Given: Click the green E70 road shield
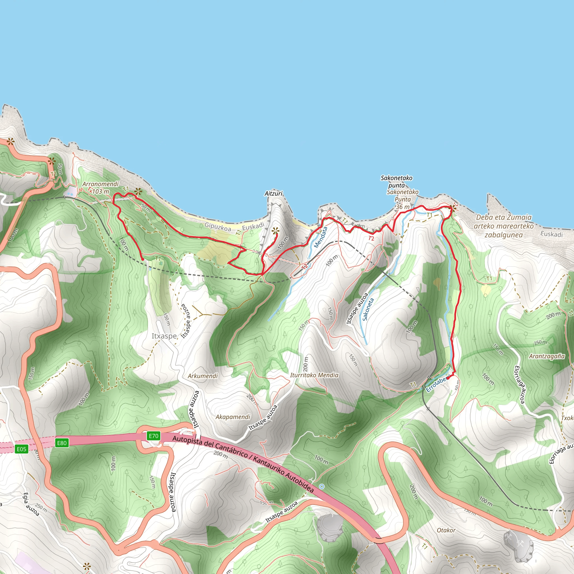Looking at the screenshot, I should point(153,436).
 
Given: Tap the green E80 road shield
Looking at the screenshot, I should point(62,443).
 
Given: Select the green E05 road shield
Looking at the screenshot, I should point(21,449).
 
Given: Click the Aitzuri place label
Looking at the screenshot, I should point(273,193).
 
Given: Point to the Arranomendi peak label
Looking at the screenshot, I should point(100,184).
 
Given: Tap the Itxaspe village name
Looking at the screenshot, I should point(164,336).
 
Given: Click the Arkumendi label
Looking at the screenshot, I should point(203,376).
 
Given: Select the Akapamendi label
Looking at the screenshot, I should point(233,417).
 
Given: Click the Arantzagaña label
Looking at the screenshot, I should point(547,356).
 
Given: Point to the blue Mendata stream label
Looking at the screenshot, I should point(321,237).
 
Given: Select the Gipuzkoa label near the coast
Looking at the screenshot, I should point(218,227).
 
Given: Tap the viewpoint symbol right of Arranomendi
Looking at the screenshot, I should point(138,192).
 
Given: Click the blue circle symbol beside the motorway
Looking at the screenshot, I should point(321,486).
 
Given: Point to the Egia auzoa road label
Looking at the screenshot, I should point(31,504).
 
